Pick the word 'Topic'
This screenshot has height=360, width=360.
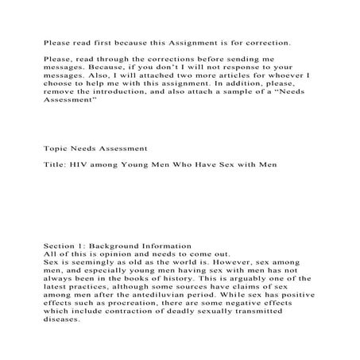[55, 148]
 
